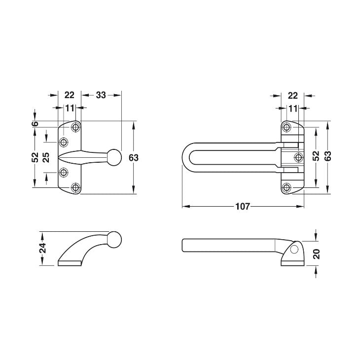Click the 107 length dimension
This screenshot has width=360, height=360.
[x=243, y=207]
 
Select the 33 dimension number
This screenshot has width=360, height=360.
[x=101, y=95]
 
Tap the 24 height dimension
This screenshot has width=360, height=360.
[x=43, y=248]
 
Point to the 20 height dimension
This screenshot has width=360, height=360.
[x=317, y=253]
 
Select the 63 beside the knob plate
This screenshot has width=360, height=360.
[x=133, y=157]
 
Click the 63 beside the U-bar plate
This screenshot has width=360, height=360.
[x=327, y=156]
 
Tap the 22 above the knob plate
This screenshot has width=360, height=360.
[x=70, y=95]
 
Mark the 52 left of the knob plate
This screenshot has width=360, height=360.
[x=35, y=157]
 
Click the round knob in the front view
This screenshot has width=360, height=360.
[x=114, y=157]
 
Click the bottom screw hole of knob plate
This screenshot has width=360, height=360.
[x=75, y=187]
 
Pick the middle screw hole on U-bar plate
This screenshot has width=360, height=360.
[x=298, y=157]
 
